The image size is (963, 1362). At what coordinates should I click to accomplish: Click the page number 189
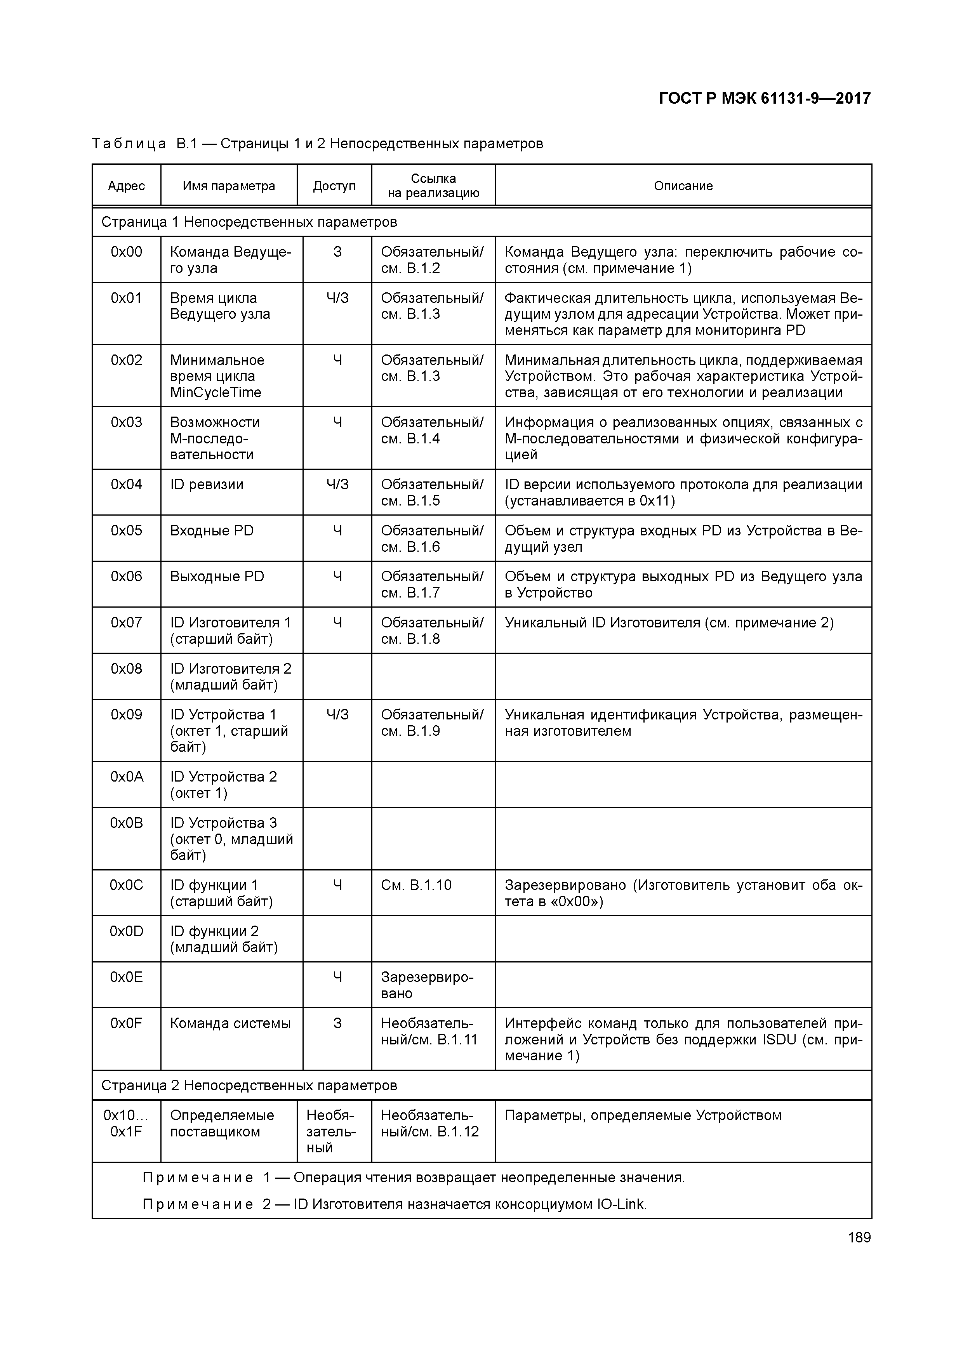859,1237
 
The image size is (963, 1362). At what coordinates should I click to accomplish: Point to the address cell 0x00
126,252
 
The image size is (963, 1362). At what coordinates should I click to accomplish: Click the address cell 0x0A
126,777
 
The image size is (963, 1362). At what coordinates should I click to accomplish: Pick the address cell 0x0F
126,1023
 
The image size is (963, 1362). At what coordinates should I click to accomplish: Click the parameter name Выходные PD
217,577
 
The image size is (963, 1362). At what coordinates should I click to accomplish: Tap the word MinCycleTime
216,393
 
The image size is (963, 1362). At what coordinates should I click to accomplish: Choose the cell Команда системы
230,1023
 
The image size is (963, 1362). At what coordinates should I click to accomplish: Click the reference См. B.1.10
416,885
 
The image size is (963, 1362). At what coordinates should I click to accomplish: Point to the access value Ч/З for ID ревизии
337,485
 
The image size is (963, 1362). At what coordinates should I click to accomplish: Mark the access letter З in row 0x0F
337,1023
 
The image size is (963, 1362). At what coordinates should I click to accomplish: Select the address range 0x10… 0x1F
126,1124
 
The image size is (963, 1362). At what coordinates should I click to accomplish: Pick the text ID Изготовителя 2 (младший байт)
230,677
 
